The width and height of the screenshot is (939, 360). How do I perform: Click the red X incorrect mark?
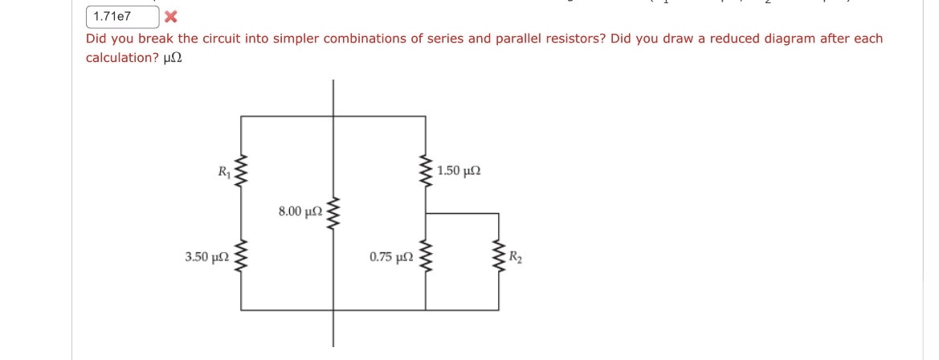tap(171, 16)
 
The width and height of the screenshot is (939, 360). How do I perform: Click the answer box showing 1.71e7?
tap(120, 16)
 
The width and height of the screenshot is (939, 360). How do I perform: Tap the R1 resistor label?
tap(223, 170)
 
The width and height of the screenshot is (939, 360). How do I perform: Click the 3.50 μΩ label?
tap(206, 258)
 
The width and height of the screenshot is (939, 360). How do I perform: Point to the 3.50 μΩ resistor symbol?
tap(241, 258)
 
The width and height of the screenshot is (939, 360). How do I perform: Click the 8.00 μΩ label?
tap(300, 211)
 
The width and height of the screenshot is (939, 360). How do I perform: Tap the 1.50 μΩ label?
tap(460, 171)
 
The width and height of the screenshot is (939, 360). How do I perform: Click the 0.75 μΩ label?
tap(391, 258)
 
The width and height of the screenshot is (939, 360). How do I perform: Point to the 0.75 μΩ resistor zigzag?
tap(426, 259)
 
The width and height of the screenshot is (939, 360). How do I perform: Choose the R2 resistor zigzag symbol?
tap(499, 259)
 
